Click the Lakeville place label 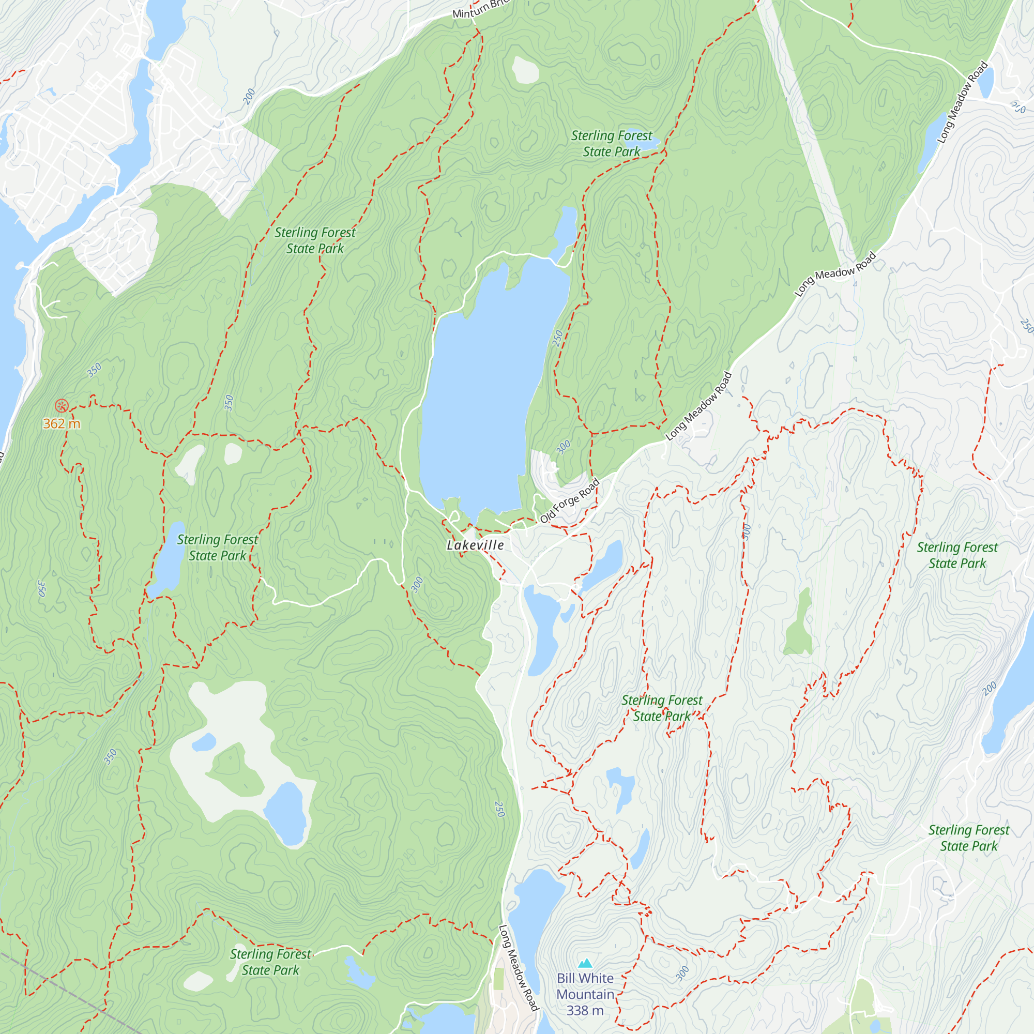pos(475,545)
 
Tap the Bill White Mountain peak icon pos(585,964)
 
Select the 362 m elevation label pos(62,424)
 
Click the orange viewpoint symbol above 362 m pos(62,405)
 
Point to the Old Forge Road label pos(569,501)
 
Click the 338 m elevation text pos(584,1010)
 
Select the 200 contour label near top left pos(249,96)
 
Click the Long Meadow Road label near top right pos(962,102)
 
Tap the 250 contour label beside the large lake pos(558,338)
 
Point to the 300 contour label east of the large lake pos(563,447)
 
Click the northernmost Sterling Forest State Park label pos(611,143)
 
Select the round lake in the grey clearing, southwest pos(286,811)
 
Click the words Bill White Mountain pos(585,986)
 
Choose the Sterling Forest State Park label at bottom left pos(270,962)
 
